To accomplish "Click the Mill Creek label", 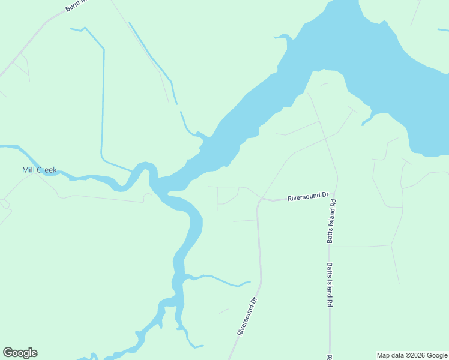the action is point(40,170).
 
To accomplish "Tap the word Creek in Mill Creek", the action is point(47,170).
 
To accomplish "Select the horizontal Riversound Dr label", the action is point(308,196).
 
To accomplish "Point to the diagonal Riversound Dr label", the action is point(247,317).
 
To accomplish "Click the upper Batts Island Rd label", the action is point(331,221).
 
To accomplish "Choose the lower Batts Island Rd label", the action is point(330,285).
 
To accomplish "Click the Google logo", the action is point(20,353).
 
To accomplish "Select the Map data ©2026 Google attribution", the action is point(412,355).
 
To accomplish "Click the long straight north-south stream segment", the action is point(103,102).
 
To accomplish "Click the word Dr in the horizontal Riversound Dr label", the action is point(325,195).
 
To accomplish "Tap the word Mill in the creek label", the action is point(29,170).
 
